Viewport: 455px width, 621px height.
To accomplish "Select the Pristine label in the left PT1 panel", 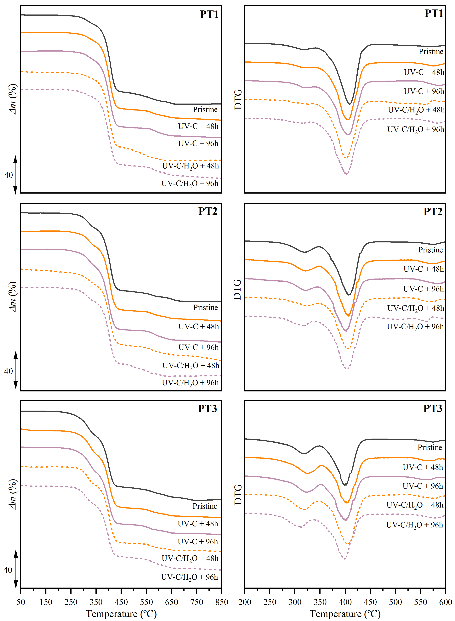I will click(205, 110).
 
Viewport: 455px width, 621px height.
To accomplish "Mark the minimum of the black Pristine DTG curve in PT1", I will click(350, 104).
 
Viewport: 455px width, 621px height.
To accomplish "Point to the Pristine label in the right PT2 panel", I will click(430, 250).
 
